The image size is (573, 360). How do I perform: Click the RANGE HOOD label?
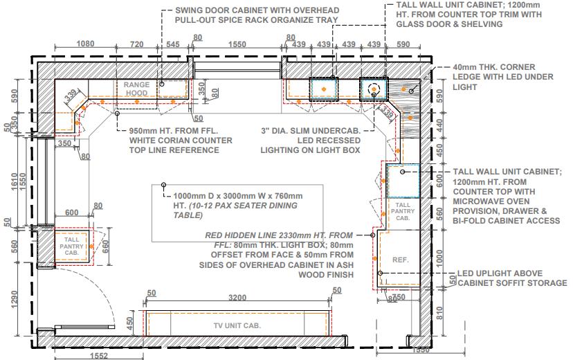click(136, 89)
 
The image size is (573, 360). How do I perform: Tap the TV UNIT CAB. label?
click(237, 325)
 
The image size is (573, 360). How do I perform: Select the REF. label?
click(401, 260)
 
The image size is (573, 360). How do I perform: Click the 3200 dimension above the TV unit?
click(237, 298)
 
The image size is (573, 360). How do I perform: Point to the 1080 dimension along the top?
click(85, 44)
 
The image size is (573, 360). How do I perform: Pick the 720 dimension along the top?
click(136, 44)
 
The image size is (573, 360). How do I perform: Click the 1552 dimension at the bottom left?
click(99, 356)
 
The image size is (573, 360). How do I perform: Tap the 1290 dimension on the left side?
click(15, 299)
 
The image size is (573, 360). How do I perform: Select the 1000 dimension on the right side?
click(439, 258)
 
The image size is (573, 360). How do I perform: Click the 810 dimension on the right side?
click(439, 313)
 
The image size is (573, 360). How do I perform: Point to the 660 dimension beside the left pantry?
click(105, 247)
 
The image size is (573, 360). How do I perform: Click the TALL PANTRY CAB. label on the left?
click(72, 246)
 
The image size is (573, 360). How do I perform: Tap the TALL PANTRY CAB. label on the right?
click(403, 211)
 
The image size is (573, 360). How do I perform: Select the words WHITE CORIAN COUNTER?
click(181, 141)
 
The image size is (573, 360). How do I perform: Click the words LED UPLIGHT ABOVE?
click(500, 273)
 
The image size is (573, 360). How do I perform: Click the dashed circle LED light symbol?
click(374, 89)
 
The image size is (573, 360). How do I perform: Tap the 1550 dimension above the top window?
click(237, 44)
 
